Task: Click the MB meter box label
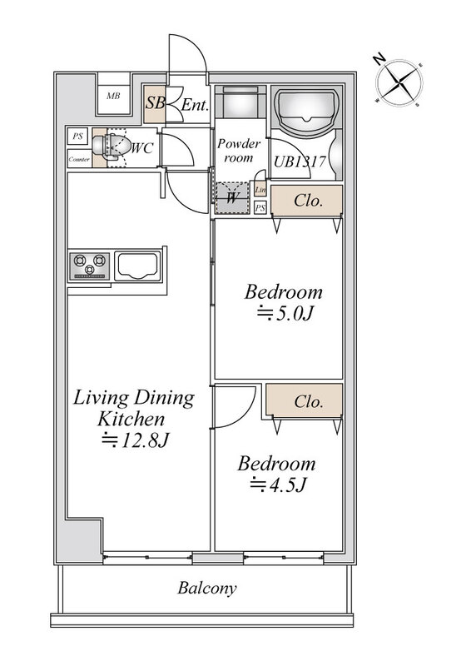113,96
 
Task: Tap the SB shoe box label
155,102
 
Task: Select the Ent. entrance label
195,105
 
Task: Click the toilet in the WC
110,146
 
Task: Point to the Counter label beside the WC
79,160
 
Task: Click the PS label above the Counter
77,137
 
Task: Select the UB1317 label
300,162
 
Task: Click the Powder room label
238,151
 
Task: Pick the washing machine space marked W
232,198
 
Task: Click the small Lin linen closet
260,190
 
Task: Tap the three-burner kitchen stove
89,266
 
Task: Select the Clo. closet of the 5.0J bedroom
306,201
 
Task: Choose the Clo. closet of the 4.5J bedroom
304,401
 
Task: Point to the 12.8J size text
136,440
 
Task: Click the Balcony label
207,589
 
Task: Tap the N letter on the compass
379,59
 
